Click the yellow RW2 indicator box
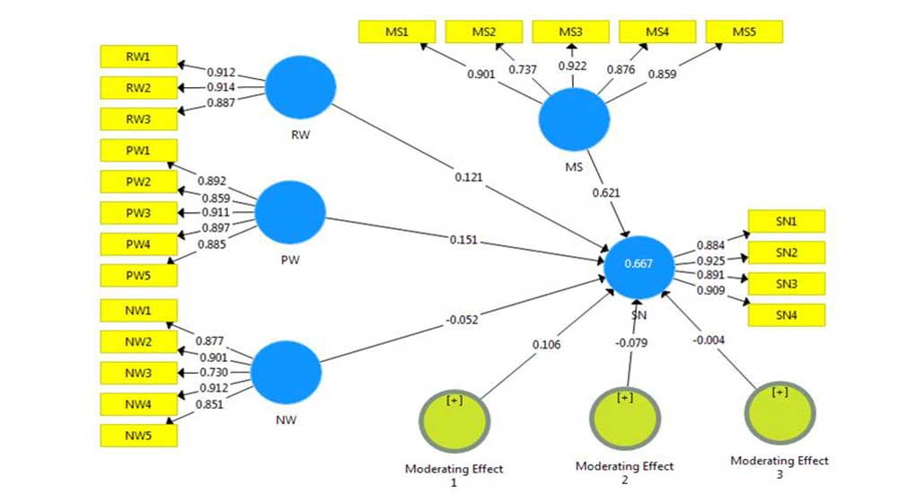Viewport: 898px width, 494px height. coord(138,88)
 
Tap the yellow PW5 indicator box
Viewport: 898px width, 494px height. coord(138,275)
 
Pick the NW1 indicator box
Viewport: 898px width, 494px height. coord(138,311)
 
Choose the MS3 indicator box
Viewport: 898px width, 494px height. coord(570,32)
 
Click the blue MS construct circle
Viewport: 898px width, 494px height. coord(573,124)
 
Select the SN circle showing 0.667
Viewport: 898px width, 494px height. coord(638,263)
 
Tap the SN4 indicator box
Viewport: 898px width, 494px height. coord(786,315)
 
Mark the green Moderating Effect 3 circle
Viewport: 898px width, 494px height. coord(781,415)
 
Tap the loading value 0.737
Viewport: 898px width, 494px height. coord(524,70)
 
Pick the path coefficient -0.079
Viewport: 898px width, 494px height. coord(632,342)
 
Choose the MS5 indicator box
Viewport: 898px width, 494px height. coord(744,32)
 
